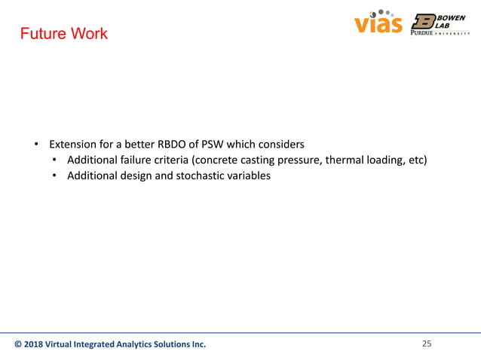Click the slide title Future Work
63,34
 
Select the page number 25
427,344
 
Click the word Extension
74,143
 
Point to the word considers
279,143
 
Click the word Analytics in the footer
134,345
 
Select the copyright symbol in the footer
19,345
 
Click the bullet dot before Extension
35,144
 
